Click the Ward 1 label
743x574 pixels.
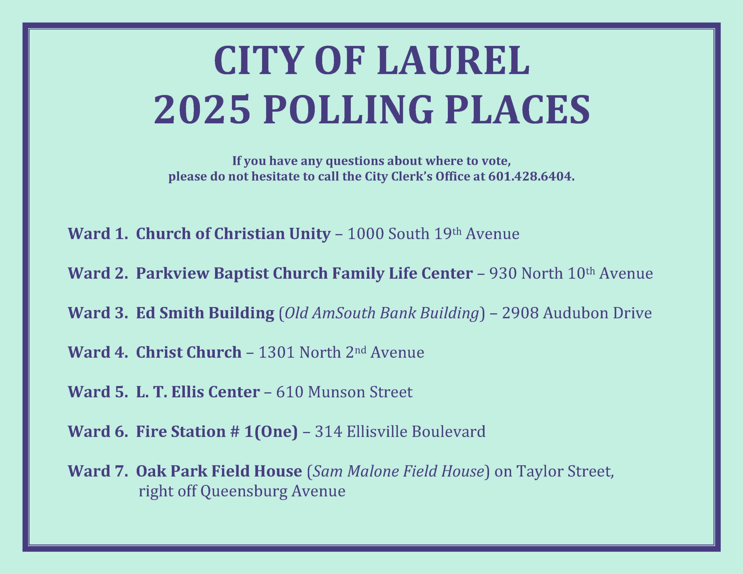98,234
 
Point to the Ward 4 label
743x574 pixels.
98,353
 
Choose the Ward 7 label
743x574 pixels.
98,471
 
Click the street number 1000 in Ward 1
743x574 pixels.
366,234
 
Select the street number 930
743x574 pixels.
503,274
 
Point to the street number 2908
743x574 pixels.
520,313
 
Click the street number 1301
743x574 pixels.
277,353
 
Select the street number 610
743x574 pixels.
290,392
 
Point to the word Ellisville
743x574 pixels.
377,432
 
